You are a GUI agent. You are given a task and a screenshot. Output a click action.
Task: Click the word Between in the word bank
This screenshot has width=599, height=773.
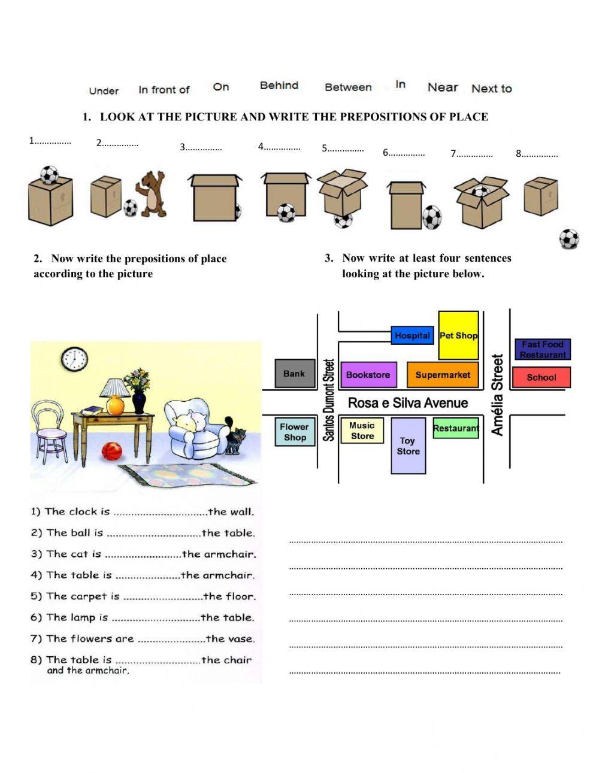pos(348,87)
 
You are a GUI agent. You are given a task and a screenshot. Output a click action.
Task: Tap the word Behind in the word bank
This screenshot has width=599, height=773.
pos(279,86)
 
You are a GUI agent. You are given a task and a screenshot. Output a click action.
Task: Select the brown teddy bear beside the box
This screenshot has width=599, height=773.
pos(153,193)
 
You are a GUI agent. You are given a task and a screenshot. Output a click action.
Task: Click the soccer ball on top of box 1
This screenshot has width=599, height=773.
pos(49,174)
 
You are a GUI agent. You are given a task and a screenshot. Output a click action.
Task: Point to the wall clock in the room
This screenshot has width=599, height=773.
pos(74,359)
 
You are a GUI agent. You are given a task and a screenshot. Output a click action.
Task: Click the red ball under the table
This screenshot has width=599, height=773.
pos(112,451)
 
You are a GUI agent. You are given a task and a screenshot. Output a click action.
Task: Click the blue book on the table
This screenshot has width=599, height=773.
pos(92,410)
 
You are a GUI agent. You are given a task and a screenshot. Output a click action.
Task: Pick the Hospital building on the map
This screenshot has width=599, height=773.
pos(412,335)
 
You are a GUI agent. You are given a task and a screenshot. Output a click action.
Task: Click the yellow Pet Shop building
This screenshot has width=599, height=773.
pos(458,335)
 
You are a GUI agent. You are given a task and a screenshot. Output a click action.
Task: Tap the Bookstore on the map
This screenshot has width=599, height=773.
pos(368,375)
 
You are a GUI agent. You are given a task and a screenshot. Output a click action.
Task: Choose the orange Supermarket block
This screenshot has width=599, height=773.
pos(443,375)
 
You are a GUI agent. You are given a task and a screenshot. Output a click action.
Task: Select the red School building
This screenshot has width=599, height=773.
pos(541,377)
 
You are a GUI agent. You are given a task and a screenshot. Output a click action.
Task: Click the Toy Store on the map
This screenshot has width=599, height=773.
pos(408,446)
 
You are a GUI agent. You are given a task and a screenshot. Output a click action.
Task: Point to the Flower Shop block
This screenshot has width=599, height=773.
pos(295,432)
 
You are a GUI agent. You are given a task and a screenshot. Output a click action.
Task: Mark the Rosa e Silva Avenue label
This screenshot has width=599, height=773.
pos(408,403)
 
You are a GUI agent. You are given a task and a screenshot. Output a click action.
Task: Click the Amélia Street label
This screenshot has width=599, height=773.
pos(498,395)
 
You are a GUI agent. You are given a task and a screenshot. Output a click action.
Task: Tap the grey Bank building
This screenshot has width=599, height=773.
pos(294,374)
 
